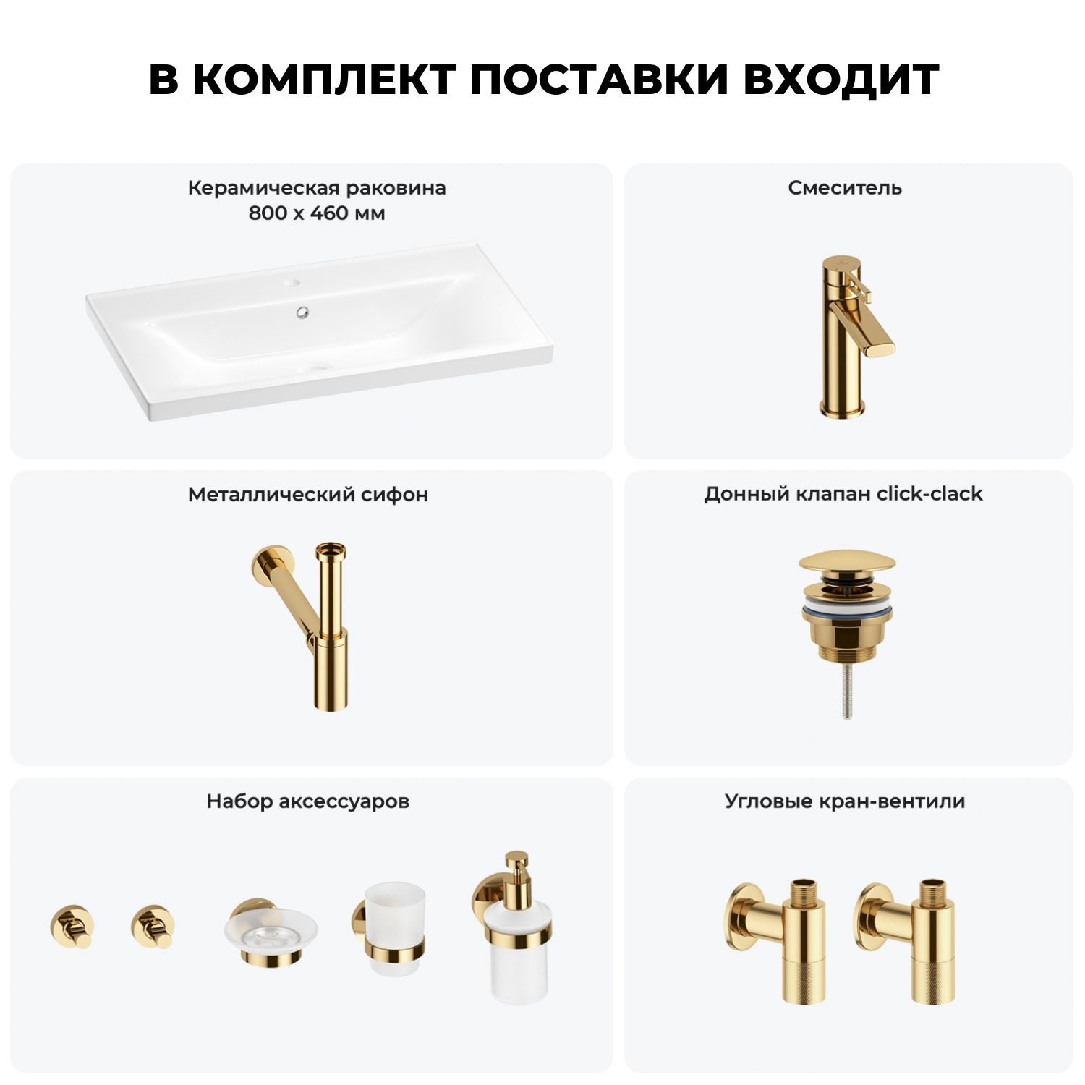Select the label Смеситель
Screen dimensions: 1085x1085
[845, 188]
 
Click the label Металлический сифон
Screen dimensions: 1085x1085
[308, 495]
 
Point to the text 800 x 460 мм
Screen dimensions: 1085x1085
[317, 213]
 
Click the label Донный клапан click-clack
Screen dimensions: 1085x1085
[843, 494]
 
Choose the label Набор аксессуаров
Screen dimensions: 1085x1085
[308, 801]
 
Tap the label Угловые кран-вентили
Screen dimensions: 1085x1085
[845, 801]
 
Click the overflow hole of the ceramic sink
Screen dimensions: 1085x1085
[302, 312]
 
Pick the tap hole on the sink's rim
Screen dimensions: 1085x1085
[292, 279]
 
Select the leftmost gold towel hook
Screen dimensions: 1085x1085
[72, 926]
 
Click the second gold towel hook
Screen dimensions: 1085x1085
[153, 926]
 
